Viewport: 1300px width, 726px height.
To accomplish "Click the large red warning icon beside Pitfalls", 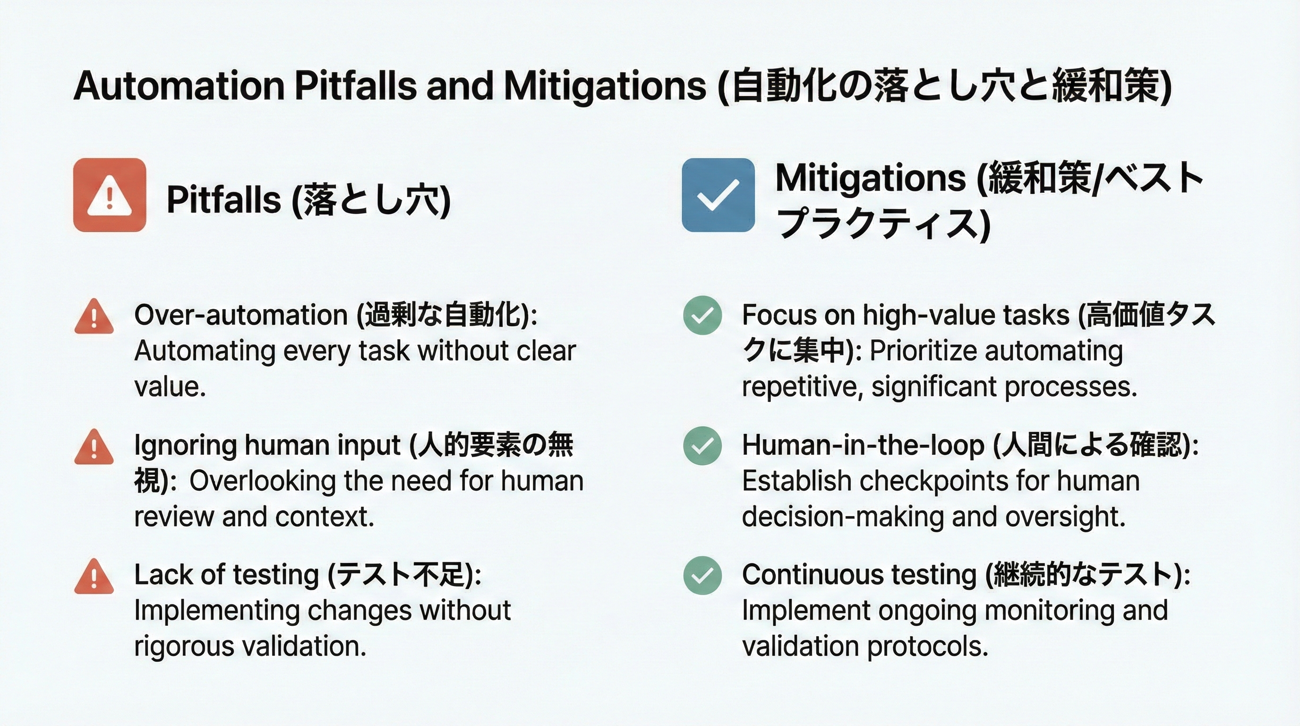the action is pos(110,195).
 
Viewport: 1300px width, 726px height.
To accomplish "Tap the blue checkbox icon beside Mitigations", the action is pos(718,195).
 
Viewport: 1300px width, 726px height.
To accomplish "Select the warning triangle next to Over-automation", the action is pos(94,317).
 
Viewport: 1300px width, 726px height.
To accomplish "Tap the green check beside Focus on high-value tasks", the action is pos(702,315).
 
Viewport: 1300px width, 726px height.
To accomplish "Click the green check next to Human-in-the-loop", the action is pos(702,445).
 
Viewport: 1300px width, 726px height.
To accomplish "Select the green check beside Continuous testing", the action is pos(702,575).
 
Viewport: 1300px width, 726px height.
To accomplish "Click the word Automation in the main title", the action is pos(179,86).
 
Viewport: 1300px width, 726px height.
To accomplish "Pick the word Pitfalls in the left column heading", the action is pos(223,199).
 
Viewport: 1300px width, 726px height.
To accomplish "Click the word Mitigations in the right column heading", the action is pos(871,178).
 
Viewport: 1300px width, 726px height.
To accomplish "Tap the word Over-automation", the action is pos(241,315).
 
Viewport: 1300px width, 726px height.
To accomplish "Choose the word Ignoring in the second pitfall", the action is pos(185,446).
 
